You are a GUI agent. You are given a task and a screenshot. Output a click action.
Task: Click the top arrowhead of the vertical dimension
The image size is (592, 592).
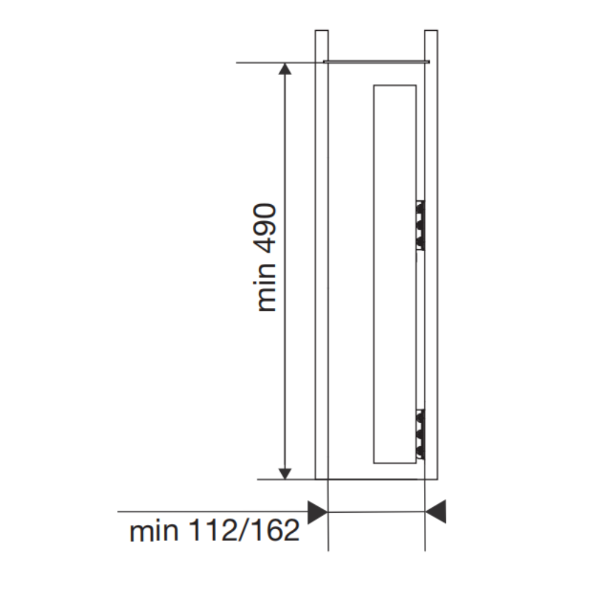click(x=285, y=69)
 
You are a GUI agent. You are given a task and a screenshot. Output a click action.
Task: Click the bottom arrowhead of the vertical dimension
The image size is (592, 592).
click(x=285, y=474)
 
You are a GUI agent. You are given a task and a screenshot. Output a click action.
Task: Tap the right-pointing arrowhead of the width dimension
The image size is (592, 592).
click(x=317, y=512)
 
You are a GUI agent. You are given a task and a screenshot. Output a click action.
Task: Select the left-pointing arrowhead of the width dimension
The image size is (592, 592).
click(x=435, y=511)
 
